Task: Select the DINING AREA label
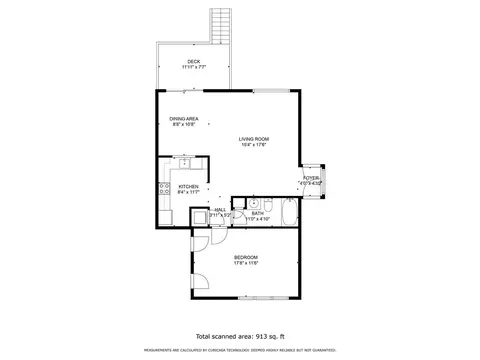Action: [x=183, y=119]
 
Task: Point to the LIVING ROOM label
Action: [x=254, y=139]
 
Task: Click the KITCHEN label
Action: [x=189, y=186]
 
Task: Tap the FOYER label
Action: [x=312, y=178]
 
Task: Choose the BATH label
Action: [x=258, y=212]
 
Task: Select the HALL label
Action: [x=219, y=209]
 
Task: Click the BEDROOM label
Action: [x=246, y=258]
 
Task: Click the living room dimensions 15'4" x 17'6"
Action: [x=254, y=145]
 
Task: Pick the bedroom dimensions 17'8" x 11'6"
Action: [x=246, y=264]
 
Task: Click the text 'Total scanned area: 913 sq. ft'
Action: [x=240, y=336]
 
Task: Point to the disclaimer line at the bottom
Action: [x=240, y=351]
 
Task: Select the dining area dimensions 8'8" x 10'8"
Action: [x=183, y=125]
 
